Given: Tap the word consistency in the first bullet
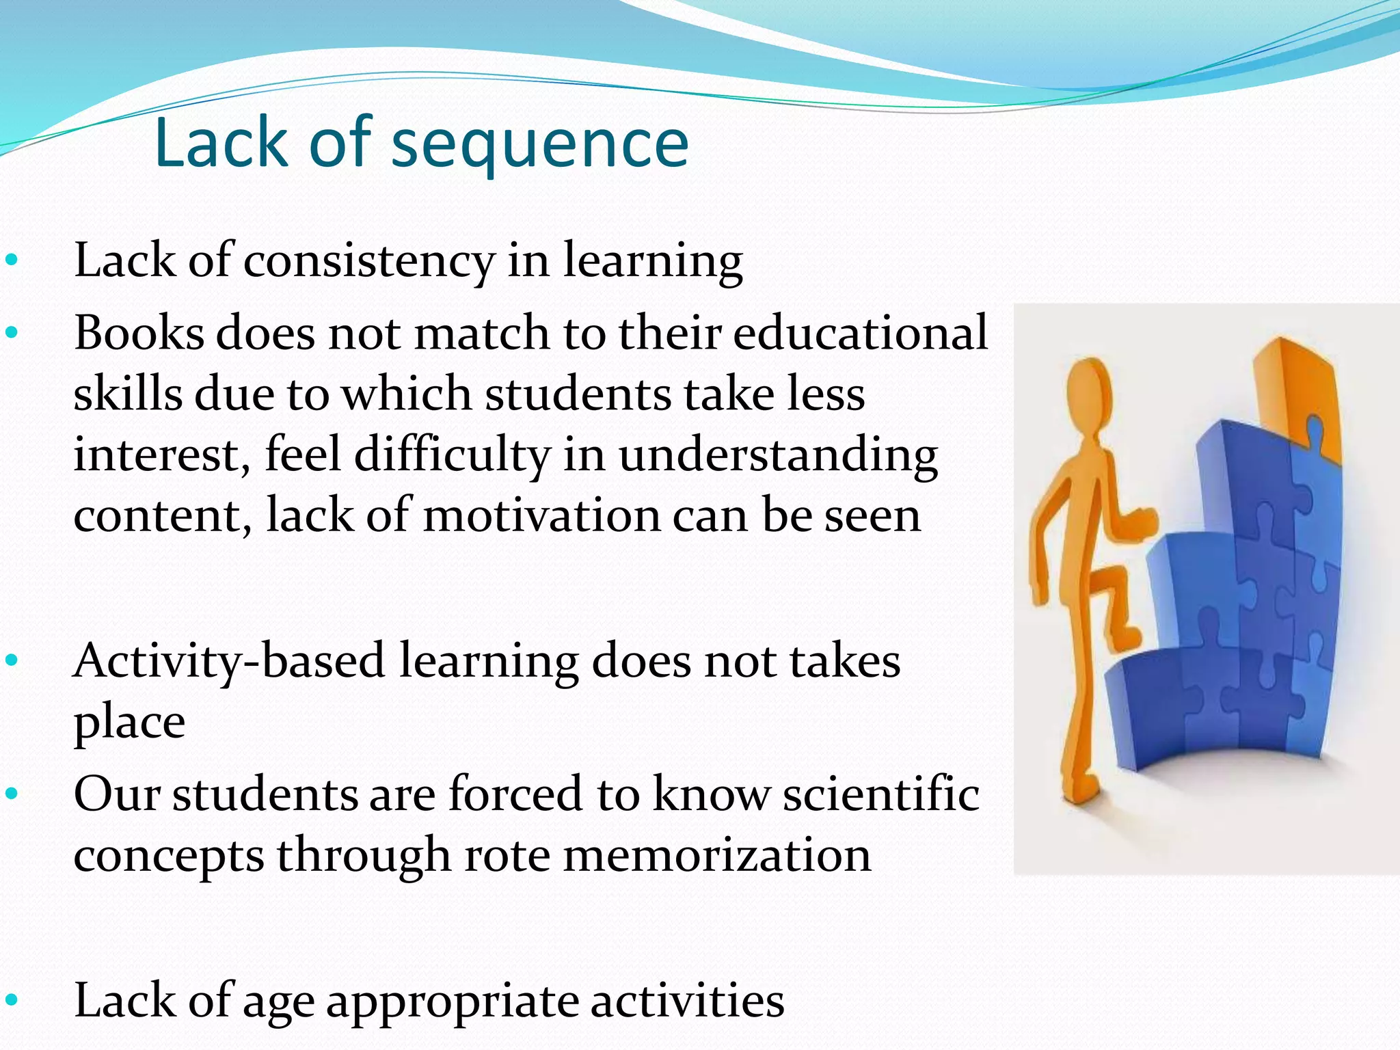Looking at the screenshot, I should point(368,262).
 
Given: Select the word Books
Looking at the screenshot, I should point(139,333).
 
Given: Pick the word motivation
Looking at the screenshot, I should point(541,515).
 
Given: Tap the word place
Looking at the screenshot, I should point(129,723).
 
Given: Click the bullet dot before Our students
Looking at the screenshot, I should point(11,795).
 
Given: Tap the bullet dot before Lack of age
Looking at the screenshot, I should point(11,1001).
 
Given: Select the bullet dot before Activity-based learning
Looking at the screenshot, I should point(11,661).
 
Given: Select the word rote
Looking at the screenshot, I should point(507,855).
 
